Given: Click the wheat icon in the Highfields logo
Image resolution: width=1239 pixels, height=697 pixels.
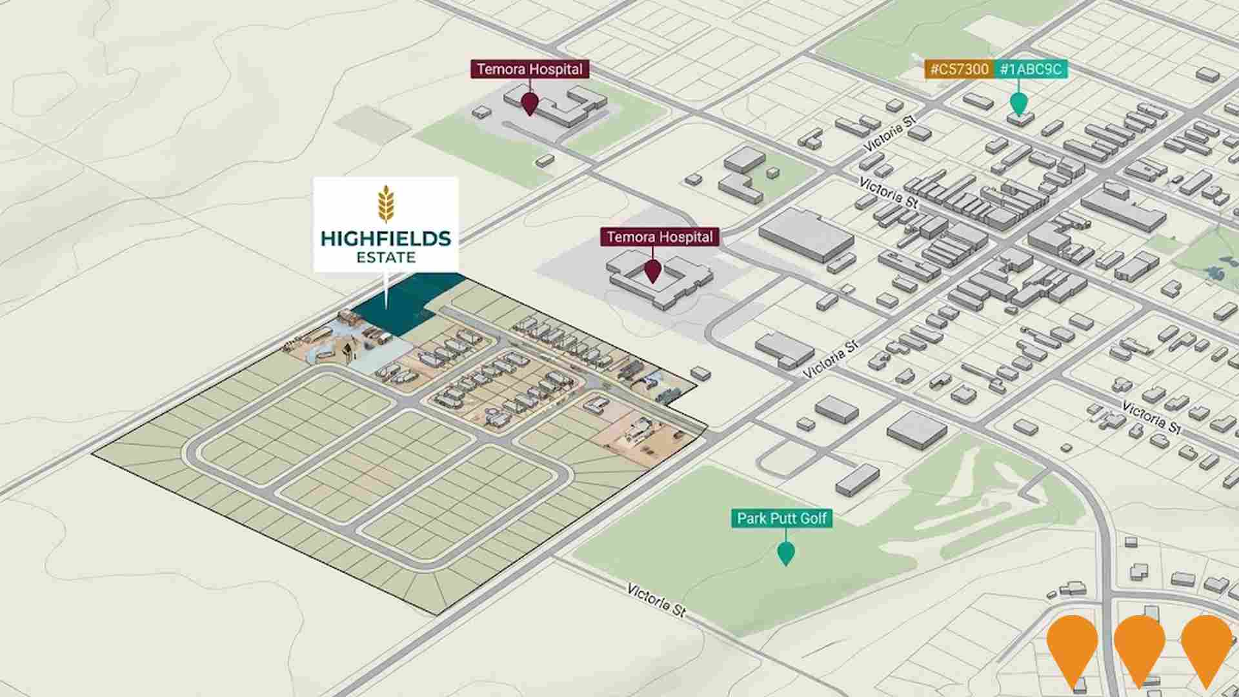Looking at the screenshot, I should (386, 205).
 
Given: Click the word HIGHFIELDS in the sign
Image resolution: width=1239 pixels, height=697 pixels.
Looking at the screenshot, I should (386, 239).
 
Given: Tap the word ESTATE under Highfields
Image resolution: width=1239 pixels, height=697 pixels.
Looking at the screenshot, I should (386, 258).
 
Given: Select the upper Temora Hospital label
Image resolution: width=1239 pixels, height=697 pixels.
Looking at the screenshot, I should (530, 69).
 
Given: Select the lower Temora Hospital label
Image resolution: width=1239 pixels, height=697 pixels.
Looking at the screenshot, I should (660, 237).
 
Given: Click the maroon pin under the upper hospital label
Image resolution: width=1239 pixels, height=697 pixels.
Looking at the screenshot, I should (529, 103).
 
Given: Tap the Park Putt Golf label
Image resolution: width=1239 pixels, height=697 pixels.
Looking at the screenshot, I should (781, 518).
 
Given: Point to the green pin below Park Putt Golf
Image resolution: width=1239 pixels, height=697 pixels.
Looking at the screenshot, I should (785, 553).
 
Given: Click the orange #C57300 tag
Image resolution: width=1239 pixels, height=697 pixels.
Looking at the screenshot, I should (959, 69).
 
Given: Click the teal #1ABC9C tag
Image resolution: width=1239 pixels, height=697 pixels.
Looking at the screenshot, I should (1031, 69).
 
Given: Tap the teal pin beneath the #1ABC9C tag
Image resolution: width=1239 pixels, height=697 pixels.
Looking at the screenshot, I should (1018, 103).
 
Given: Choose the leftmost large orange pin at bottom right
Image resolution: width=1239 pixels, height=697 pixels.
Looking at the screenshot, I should (1072, 645).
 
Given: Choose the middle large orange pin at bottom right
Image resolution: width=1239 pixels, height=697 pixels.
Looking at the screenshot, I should (1139, 645).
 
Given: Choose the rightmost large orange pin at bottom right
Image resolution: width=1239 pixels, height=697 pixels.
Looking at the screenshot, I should (1206, 645).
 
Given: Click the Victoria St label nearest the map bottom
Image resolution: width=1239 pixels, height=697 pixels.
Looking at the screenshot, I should (656, 600).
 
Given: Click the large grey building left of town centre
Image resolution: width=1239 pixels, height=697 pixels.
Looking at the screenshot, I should (807, 236).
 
